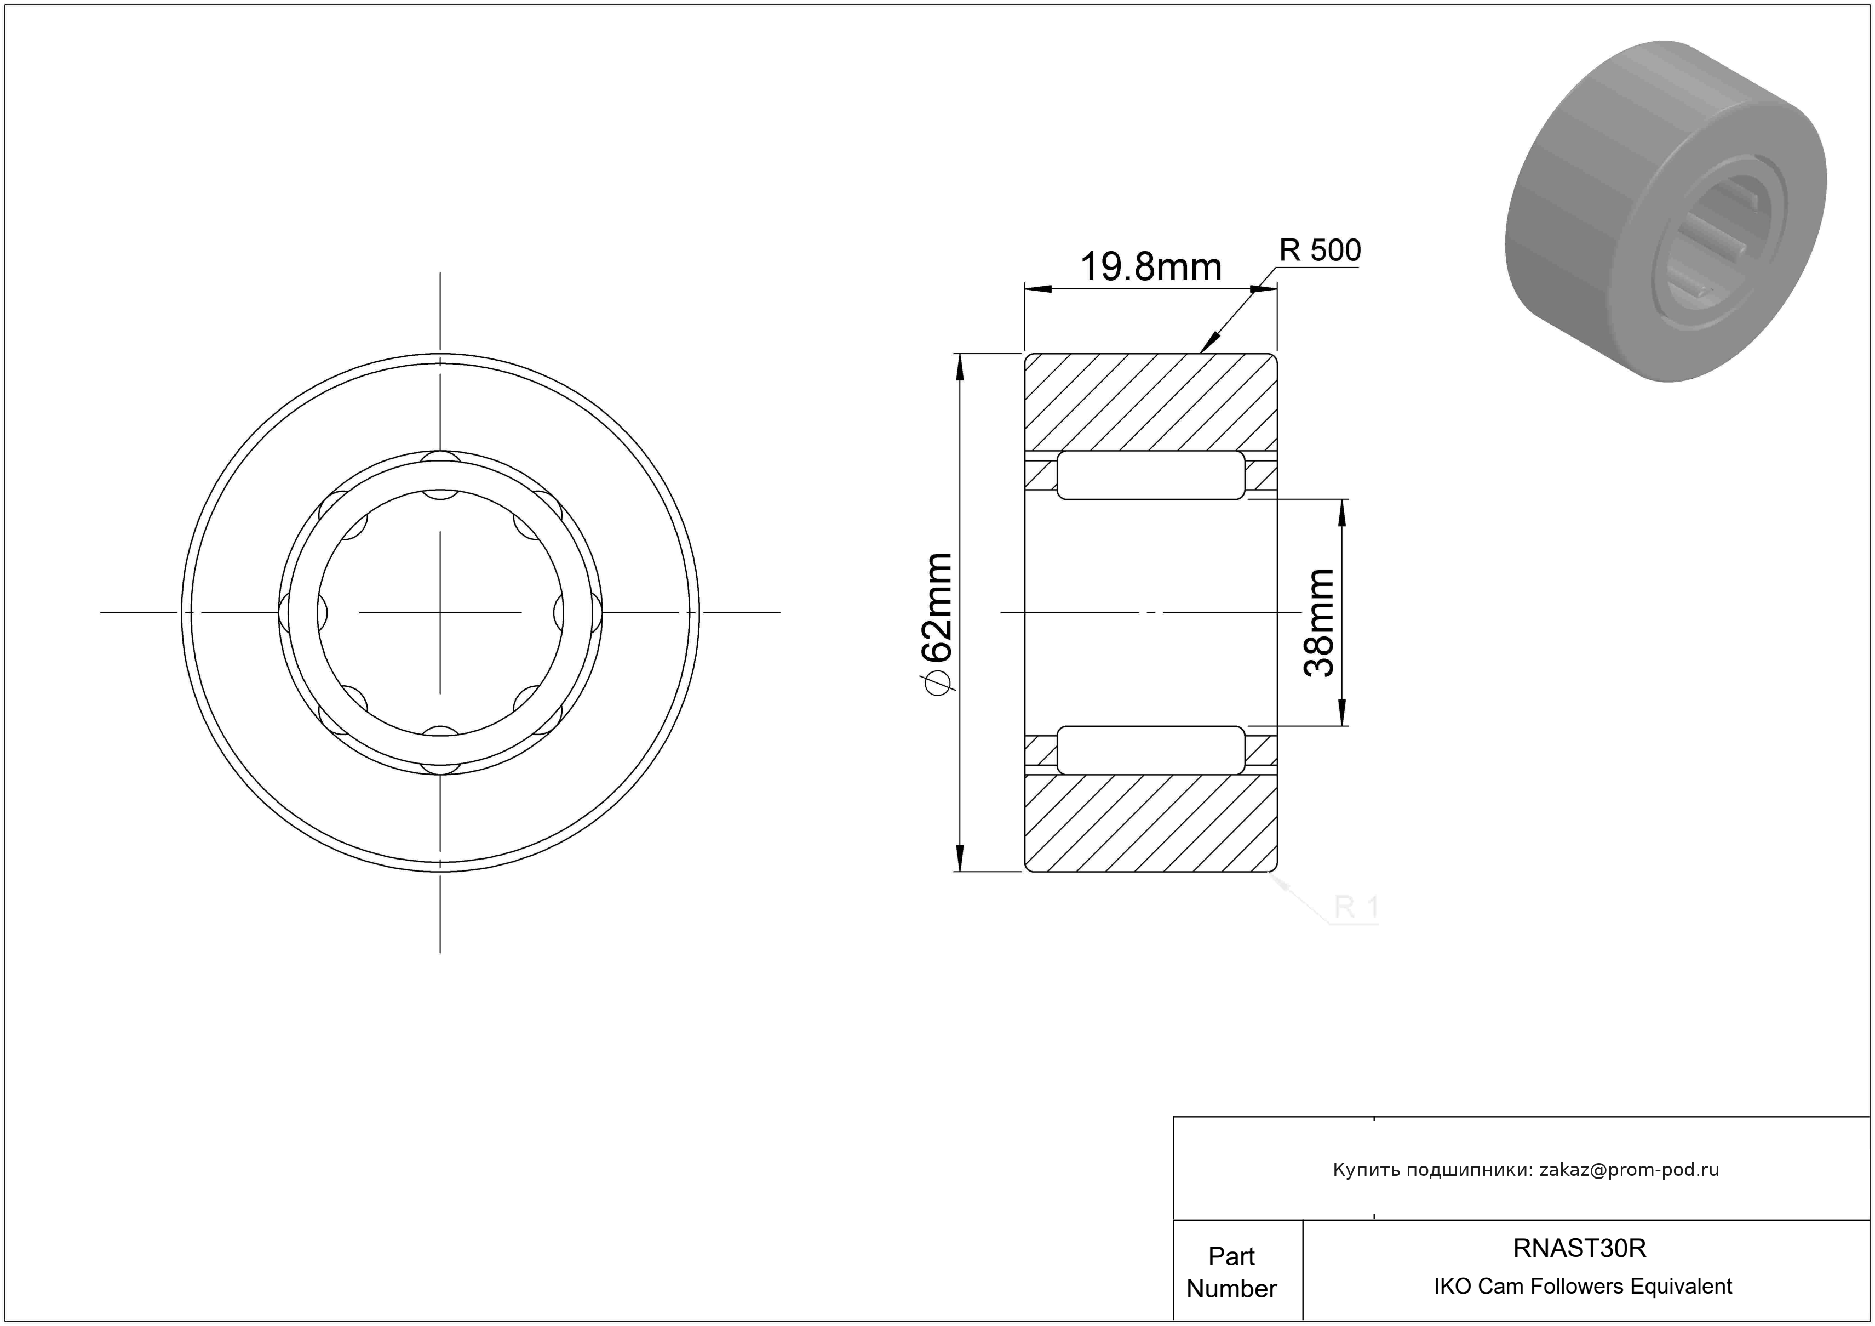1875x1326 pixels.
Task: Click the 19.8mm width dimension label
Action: coord(1151,267)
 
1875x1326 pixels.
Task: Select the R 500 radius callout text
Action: coord(1320,250)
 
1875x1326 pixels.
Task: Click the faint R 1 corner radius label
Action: coord(1356,907)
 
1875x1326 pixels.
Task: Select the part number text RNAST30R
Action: coord(1579,1248)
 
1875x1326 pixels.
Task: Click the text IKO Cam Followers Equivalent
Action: coord(1582,1287)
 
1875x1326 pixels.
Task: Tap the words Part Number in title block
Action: coord(1231,1272)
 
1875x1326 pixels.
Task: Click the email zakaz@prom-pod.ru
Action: coord(1629,1170)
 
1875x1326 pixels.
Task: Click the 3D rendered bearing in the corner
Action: coord(1666,213)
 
